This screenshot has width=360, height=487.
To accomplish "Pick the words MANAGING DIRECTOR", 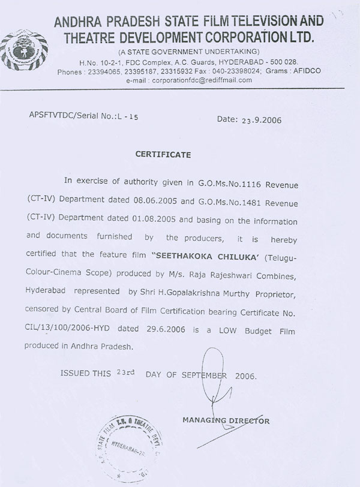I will point(226,421).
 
